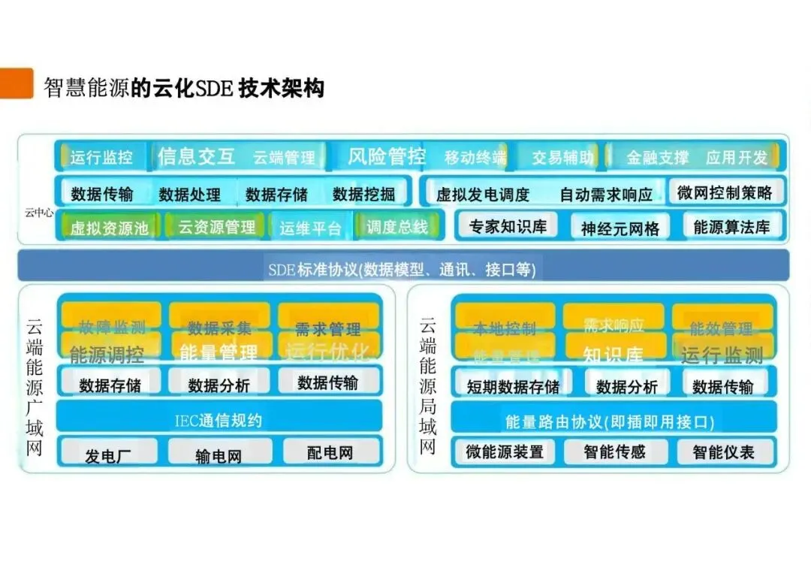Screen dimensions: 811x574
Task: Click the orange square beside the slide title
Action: [17, 83]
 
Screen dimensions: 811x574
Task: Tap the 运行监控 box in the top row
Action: [101, 157]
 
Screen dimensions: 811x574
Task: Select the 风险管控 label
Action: [387, 156]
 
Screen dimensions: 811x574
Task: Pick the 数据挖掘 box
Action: [364, 194]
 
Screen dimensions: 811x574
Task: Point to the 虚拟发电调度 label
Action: [483, 195]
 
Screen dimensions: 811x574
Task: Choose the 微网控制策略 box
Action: [725, 192]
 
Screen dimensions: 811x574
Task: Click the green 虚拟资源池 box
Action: [109, 228]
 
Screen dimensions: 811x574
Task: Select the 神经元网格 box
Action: [620, 228]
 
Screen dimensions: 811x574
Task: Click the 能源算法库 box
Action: [731, 227]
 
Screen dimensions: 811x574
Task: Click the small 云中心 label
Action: [38, 213]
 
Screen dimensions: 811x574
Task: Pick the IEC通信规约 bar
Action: [219, 420]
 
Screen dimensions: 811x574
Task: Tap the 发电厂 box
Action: [108, 455]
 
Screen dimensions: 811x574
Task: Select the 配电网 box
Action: [330, 452]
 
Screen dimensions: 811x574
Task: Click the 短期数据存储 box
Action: [513, 386]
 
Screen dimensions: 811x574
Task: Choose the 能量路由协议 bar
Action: [609, 421]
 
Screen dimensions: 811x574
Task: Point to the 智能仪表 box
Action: [723, 452]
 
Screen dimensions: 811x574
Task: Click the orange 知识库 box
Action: [613, 354]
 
